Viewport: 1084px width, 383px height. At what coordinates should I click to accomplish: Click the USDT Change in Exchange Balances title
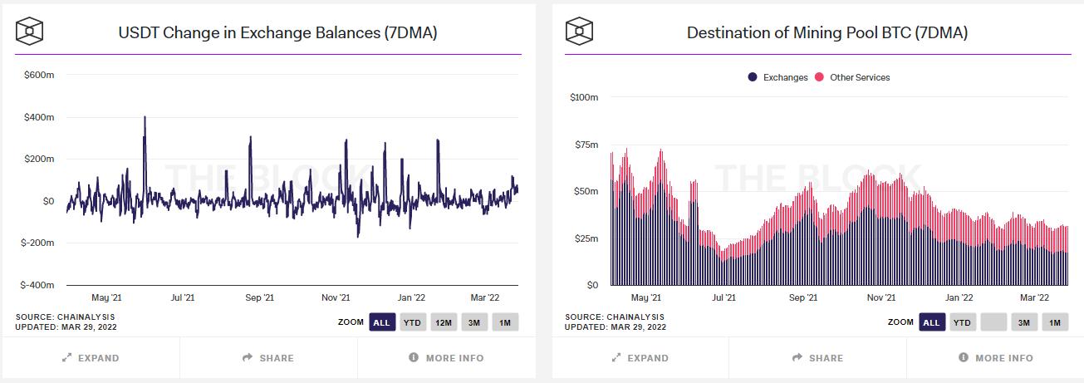[x=277, y=32]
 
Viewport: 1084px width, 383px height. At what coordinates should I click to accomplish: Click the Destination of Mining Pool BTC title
[x=826, y=32]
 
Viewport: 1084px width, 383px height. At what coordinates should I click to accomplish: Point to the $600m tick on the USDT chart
[x=39, y=75]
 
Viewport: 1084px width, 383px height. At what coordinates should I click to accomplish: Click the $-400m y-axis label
[x=37, y=285]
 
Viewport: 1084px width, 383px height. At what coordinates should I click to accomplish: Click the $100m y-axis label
[x=583, y=97]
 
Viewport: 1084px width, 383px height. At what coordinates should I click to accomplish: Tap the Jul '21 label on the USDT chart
[x=183, y=297]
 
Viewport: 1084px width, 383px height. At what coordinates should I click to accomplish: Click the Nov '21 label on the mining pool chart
[x=880, y=297]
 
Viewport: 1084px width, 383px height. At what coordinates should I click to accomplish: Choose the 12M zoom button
[x=443, y=322]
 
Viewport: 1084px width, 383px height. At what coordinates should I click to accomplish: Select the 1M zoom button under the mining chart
[x=1055, y=322]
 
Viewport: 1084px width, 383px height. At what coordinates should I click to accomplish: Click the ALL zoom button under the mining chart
[x=931, y=322]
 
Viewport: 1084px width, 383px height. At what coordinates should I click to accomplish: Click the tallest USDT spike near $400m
[x=145, y=119]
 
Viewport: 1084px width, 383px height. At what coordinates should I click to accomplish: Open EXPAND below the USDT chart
[x=91, y=358]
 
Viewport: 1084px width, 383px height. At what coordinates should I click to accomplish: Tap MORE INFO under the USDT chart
[x=446, y=358]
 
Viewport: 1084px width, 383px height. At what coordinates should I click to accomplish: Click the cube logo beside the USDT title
[x=30, y=32]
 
